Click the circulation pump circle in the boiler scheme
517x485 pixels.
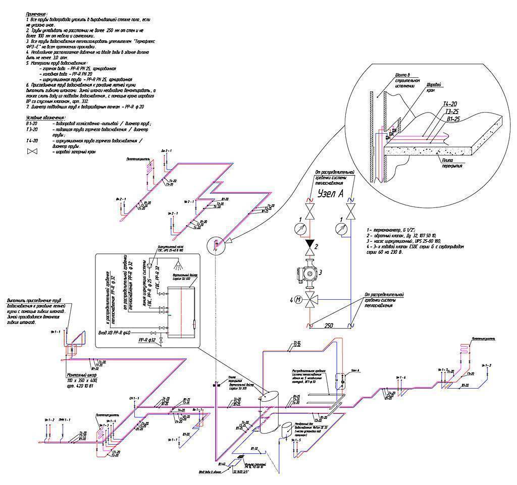point(150,264)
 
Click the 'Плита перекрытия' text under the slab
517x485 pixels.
point(447,163)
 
